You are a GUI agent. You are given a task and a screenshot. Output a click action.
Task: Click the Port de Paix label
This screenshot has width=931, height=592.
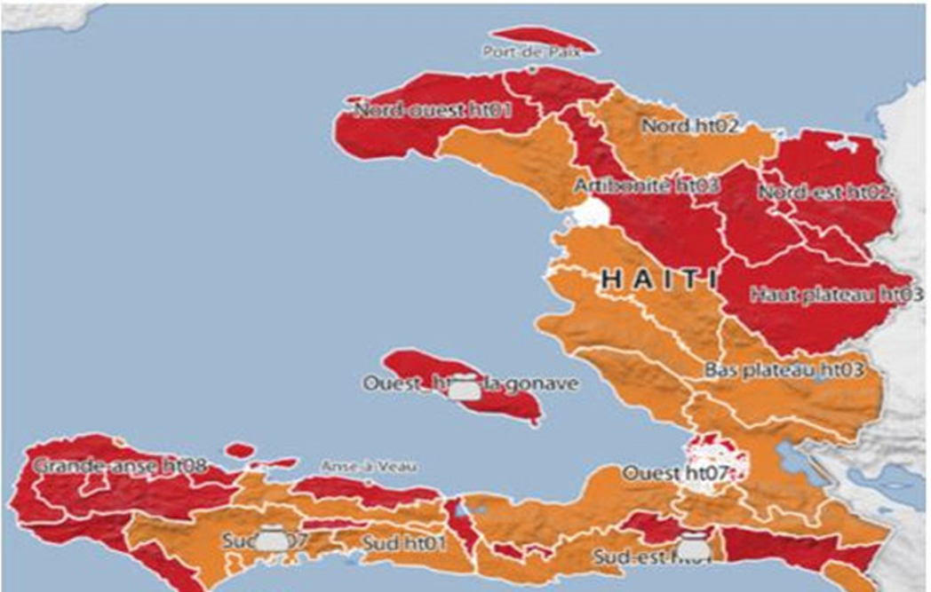(531, 52)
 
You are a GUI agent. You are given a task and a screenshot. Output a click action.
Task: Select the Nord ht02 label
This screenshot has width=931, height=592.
(690, 126)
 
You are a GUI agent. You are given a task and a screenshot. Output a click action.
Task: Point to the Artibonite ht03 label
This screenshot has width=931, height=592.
(647, 185)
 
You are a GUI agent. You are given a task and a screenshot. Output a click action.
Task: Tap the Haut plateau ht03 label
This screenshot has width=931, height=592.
(832, 294)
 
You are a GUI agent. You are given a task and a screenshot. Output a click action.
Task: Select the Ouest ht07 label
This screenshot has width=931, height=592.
(675, 472)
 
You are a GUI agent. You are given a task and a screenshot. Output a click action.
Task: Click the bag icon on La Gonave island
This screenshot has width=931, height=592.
(461, 387)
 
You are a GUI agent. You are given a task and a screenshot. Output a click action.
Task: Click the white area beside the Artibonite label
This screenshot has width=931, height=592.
(590, 211)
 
